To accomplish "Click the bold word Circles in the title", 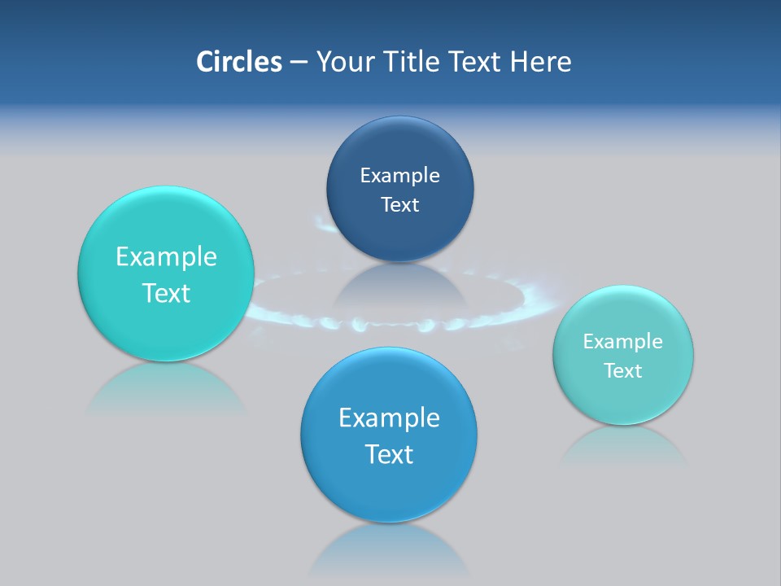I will point(238,62).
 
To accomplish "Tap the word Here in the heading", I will point(540,62).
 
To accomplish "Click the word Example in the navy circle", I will point(399,176).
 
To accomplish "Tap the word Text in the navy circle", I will point(399,205).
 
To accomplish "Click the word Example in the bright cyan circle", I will point(166,257).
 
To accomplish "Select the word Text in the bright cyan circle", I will point(166,293).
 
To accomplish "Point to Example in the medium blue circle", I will point(389,418).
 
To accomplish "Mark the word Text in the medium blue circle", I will point(389,454).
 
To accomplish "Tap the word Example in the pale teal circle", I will point(622,342).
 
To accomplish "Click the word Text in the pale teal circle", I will point(622,371).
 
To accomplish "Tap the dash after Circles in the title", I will point(298,62).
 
